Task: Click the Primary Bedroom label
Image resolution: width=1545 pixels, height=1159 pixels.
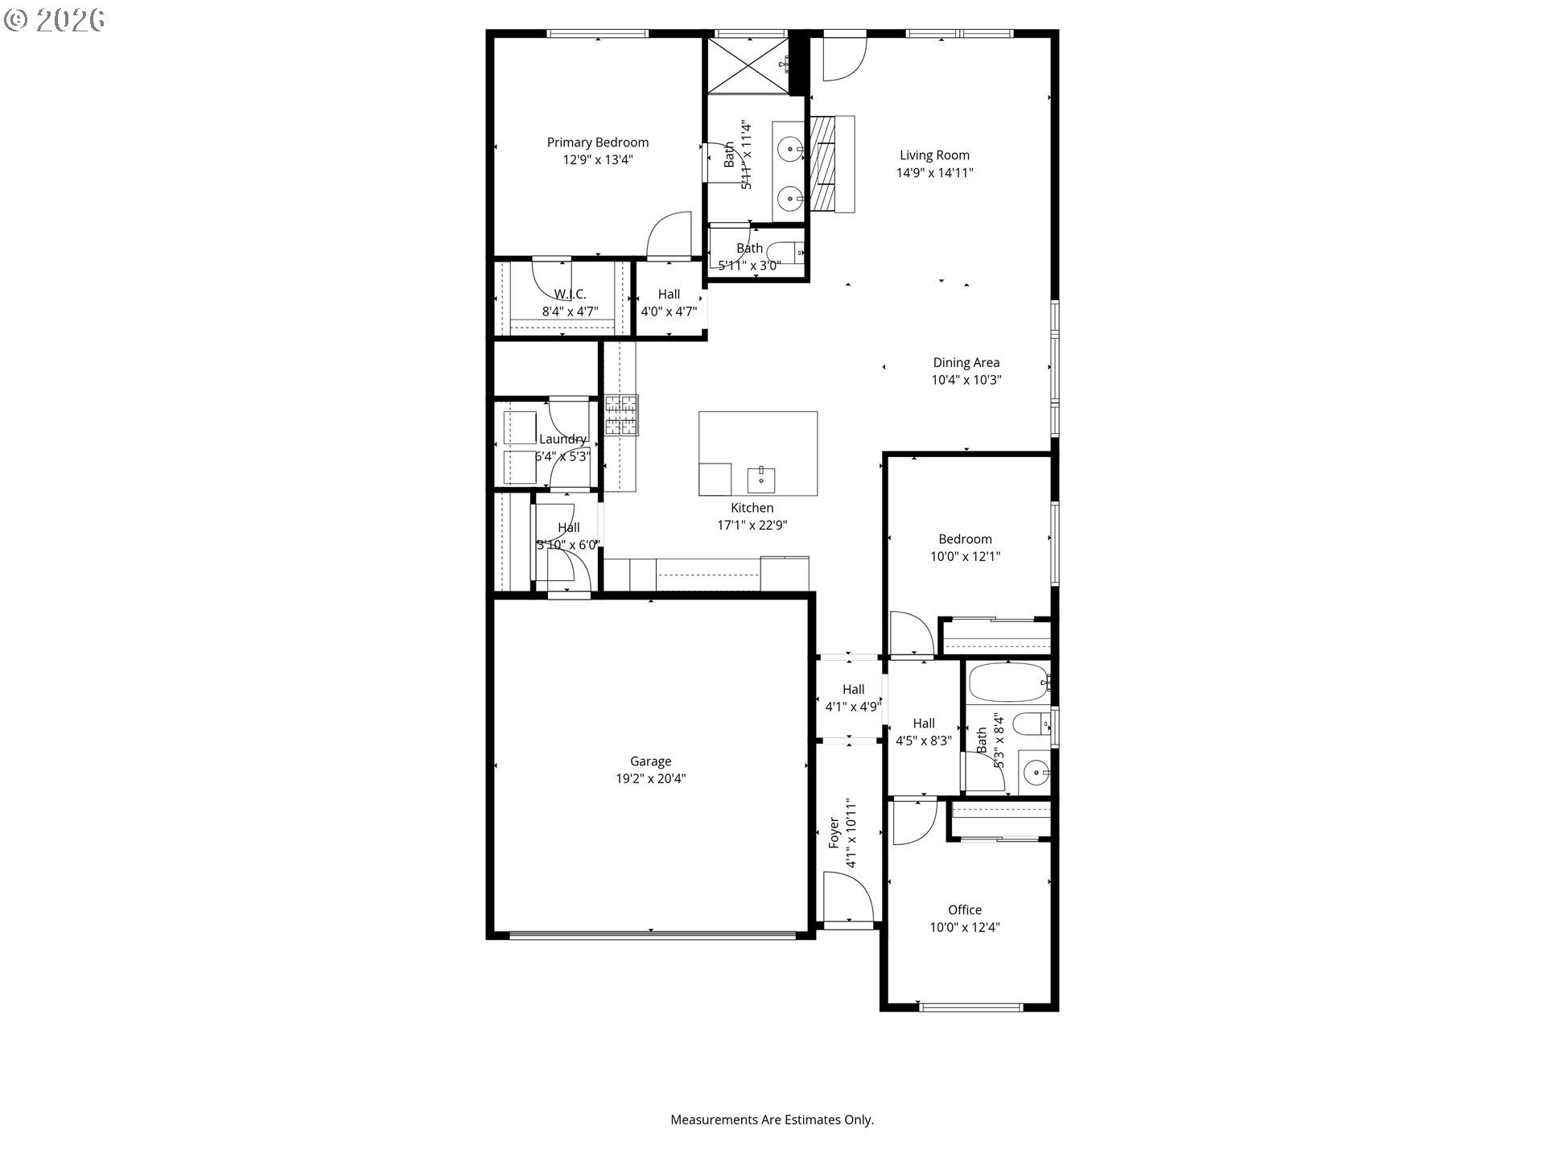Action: click(597, 142)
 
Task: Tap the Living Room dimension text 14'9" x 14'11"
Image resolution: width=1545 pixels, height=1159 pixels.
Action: click(934, 172)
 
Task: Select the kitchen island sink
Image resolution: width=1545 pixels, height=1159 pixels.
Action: click(761, 479)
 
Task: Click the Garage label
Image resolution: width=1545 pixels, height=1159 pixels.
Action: click(650, 761)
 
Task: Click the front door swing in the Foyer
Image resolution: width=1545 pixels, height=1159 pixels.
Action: click(848, 898)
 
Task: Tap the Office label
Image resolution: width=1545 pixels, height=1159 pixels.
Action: click(964, 909)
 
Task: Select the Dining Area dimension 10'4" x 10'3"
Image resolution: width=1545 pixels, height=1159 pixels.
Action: click(966, 380)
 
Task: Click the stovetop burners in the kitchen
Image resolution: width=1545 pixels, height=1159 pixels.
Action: click(621, 415)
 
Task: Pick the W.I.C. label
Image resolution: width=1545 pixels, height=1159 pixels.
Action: click(570, 294)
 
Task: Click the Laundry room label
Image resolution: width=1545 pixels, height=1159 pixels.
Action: click(562, 439)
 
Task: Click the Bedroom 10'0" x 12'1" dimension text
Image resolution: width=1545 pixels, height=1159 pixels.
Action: click(965, 556)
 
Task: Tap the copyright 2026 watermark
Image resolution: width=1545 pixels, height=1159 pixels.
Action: click(55, 20)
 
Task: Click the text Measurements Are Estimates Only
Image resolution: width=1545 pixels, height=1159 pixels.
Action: click(772, 1120)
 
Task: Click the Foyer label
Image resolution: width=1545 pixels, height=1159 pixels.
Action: click(834, 832)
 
